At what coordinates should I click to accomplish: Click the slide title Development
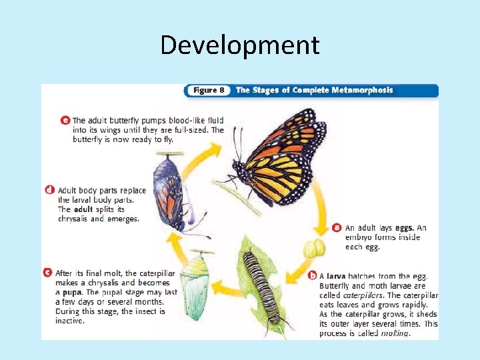[240, 45]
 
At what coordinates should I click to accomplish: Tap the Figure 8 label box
[207, 91]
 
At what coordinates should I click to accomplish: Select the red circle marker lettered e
[65, 121]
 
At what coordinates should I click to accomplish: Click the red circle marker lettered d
[50, 190]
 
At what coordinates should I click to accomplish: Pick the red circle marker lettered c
[47, 273]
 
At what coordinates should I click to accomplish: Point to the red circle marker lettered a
[337, 227]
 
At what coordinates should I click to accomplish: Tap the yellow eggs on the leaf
[314, 249]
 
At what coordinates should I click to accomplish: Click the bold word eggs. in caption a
[405, 228]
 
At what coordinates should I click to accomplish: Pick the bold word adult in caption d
[84, 209]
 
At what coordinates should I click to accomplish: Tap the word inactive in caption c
[70, 321]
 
